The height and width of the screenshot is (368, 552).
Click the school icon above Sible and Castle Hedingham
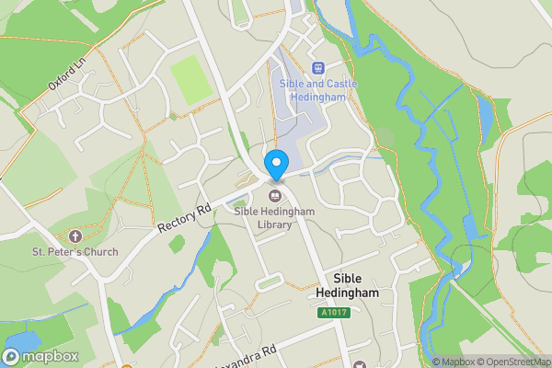[x=318, y=67]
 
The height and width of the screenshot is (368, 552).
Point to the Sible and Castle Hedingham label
[x=318, y=91]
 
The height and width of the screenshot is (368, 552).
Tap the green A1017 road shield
[x=335, y=313]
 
